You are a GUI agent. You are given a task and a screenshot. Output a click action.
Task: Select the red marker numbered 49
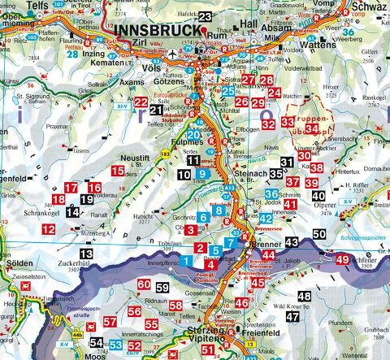[343, 260]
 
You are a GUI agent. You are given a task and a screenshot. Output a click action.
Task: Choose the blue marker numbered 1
[187, 260]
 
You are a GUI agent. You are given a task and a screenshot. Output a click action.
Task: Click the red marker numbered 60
[144, 284]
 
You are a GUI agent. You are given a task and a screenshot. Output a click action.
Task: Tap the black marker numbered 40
[318, 196]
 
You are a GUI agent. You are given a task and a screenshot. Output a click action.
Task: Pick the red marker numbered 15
[118, 171]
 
